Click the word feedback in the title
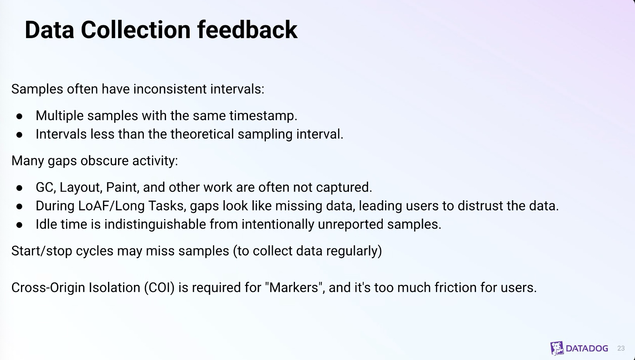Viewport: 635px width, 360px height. [x=247, y=30]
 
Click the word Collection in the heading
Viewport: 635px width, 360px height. [x=136, y=30]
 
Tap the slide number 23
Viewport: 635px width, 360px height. [x=621, y=348]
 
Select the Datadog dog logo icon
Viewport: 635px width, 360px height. [x=557, y=348]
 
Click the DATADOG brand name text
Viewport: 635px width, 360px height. [x=587, y=348]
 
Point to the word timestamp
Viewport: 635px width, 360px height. [x=263, y=116]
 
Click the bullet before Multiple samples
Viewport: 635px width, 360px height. [x=19, y=116]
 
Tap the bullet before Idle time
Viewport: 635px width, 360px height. [x=19, y=225]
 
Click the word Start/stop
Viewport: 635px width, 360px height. [x=42, y=251]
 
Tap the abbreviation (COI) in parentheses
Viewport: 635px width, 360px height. [x=159, y=288]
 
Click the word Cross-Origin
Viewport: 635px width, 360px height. [x=48, y=288]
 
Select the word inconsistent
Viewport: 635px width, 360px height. [x=170, y=89]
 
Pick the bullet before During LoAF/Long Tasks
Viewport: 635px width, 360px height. [x=19, y=206]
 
